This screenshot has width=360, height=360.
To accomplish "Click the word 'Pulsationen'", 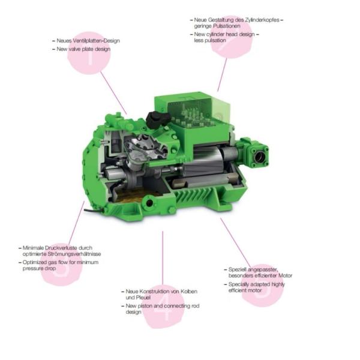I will click(x=227, y=27).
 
